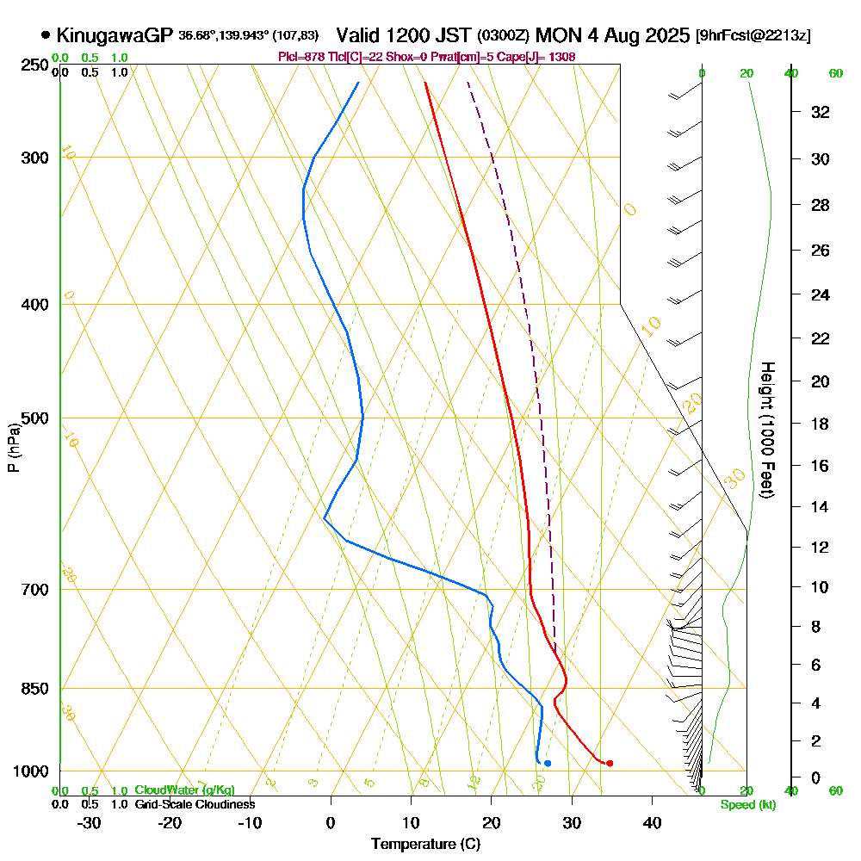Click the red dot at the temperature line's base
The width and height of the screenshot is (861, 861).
tap(610, 763)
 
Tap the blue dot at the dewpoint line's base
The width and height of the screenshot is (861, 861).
tap(548, 763)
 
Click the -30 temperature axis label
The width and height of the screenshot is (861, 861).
tap(90, 822)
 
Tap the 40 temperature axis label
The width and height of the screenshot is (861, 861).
tap(653, 822)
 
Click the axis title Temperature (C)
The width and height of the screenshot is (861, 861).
tap(425, 845)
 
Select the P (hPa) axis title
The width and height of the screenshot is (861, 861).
tap(13, 447)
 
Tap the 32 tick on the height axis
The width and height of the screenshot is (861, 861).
tap(821, 111)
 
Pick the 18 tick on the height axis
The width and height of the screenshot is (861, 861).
tap(821, 424)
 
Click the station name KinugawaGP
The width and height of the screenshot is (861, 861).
tap(115, 35)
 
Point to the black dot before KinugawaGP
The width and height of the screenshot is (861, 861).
tap(45, 35)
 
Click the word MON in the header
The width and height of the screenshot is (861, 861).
tap(558, 35)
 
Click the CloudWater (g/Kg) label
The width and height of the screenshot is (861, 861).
tap(184, 790)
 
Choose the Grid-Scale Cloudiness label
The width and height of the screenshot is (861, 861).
tap(195, 804)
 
